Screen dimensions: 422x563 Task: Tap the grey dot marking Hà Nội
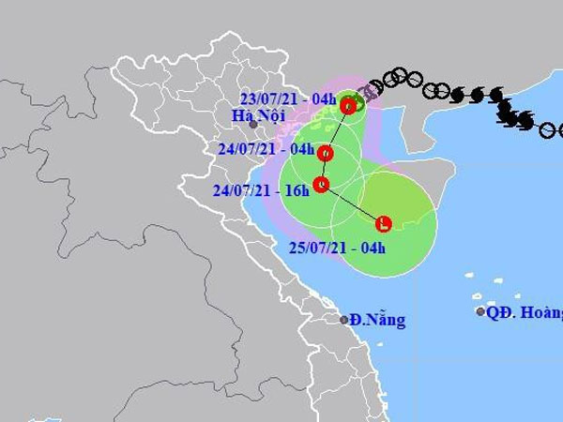(253, 125)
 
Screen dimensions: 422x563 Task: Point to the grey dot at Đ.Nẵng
(344, 320)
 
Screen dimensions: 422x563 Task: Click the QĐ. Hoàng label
(524, 312)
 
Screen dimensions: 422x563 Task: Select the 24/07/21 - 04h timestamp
(257, 148)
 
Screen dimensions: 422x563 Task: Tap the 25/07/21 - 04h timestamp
(332, 249)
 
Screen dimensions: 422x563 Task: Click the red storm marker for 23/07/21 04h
(349, 106)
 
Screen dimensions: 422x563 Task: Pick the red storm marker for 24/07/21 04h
(327, 153)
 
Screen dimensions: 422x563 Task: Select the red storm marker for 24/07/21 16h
(321, 185)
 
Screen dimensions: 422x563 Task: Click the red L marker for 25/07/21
(384, 223)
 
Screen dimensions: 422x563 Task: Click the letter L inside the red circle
(384, 223)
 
